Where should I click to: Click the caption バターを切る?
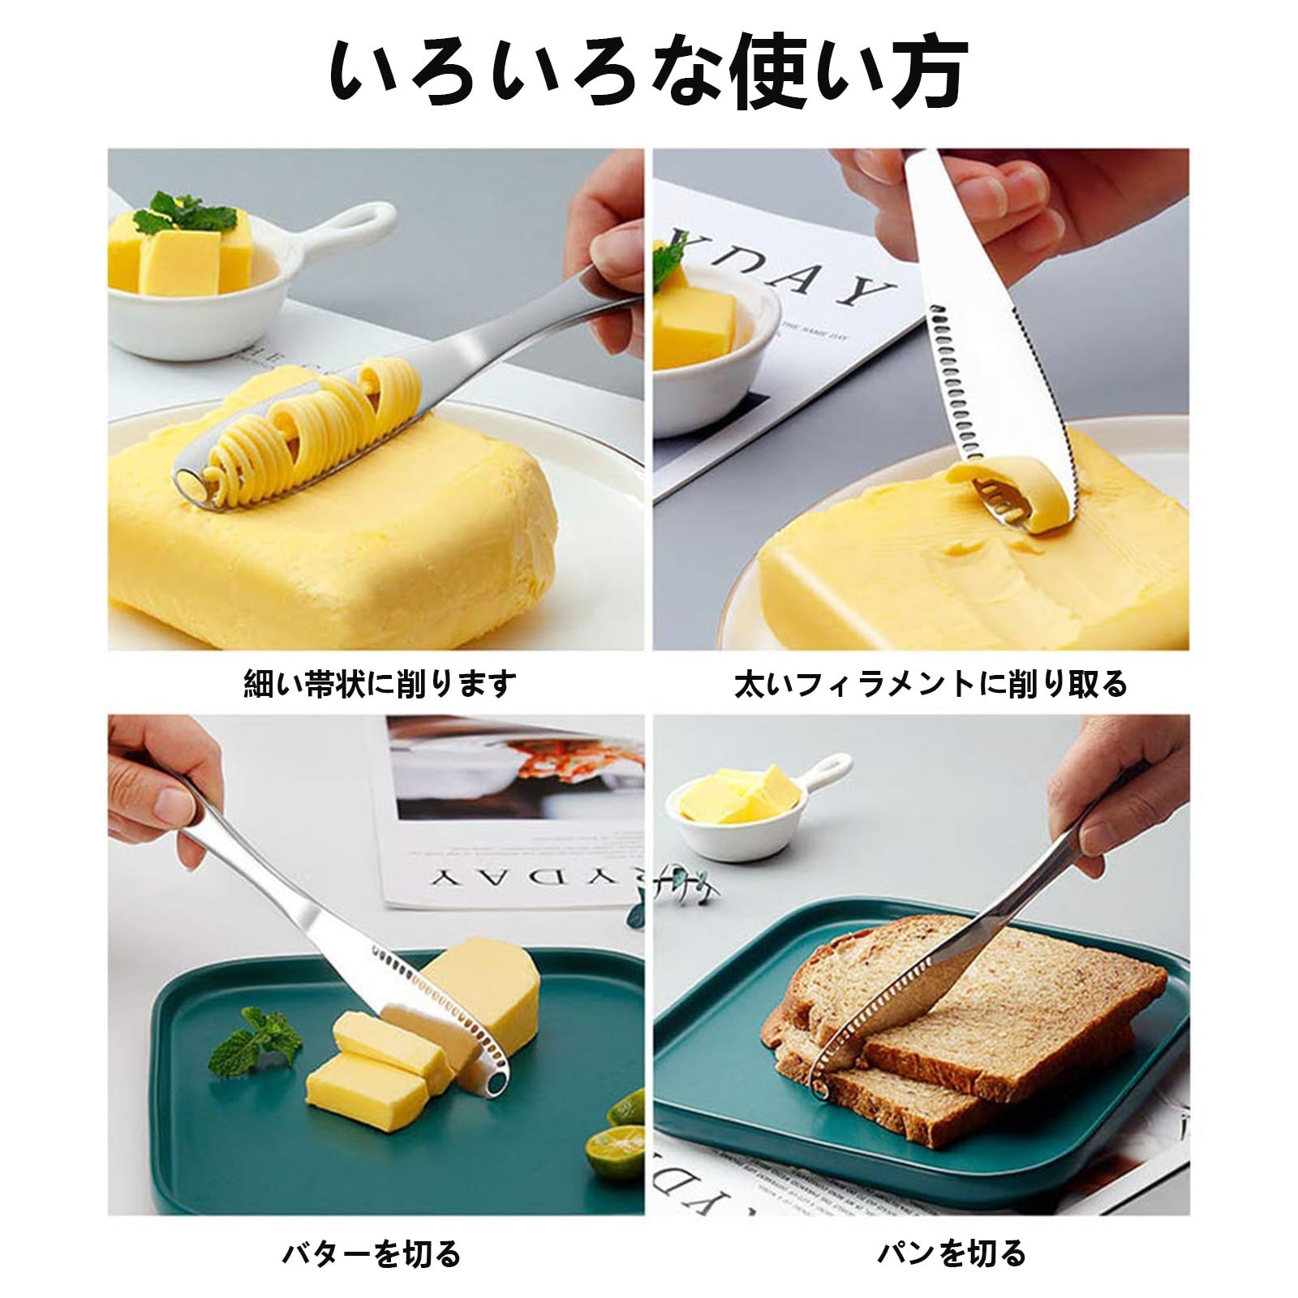coord(372,1253)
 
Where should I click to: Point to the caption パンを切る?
coord(951,1253)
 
